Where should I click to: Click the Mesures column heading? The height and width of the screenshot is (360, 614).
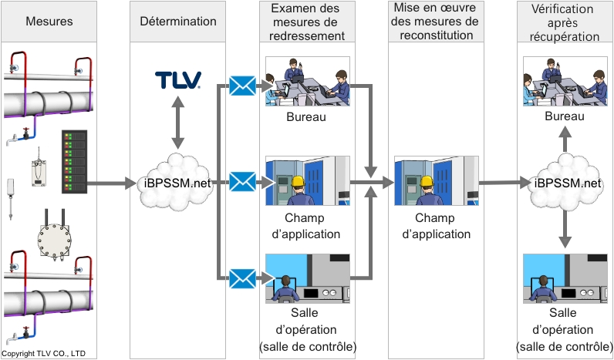[49, 21]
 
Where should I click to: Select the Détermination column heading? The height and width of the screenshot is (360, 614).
[177, 21]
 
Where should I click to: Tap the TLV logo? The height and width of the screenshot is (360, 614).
[178, 79]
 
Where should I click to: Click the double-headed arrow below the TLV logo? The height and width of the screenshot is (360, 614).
[178, 123]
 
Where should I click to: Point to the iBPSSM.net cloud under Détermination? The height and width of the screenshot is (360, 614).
[178, 183]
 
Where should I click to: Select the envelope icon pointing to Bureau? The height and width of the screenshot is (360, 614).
[242, 86]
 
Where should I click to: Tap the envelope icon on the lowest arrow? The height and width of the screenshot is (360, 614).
[242, 278]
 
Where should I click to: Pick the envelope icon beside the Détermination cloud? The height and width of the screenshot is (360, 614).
[242, 183]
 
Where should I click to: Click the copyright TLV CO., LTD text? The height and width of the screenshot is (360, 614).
[43, 354]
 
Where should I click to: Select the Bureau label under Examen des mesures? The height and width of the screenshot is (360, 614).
[307, 117]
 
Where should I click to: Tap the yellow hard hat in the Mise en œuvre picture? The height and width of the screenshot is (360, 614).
[424, 183]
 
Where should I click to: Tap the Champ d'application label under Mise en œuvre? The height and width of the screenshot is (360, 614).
[436, 227]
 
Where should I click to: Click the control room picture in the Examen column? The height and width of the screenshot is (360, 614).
[307, 278]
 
